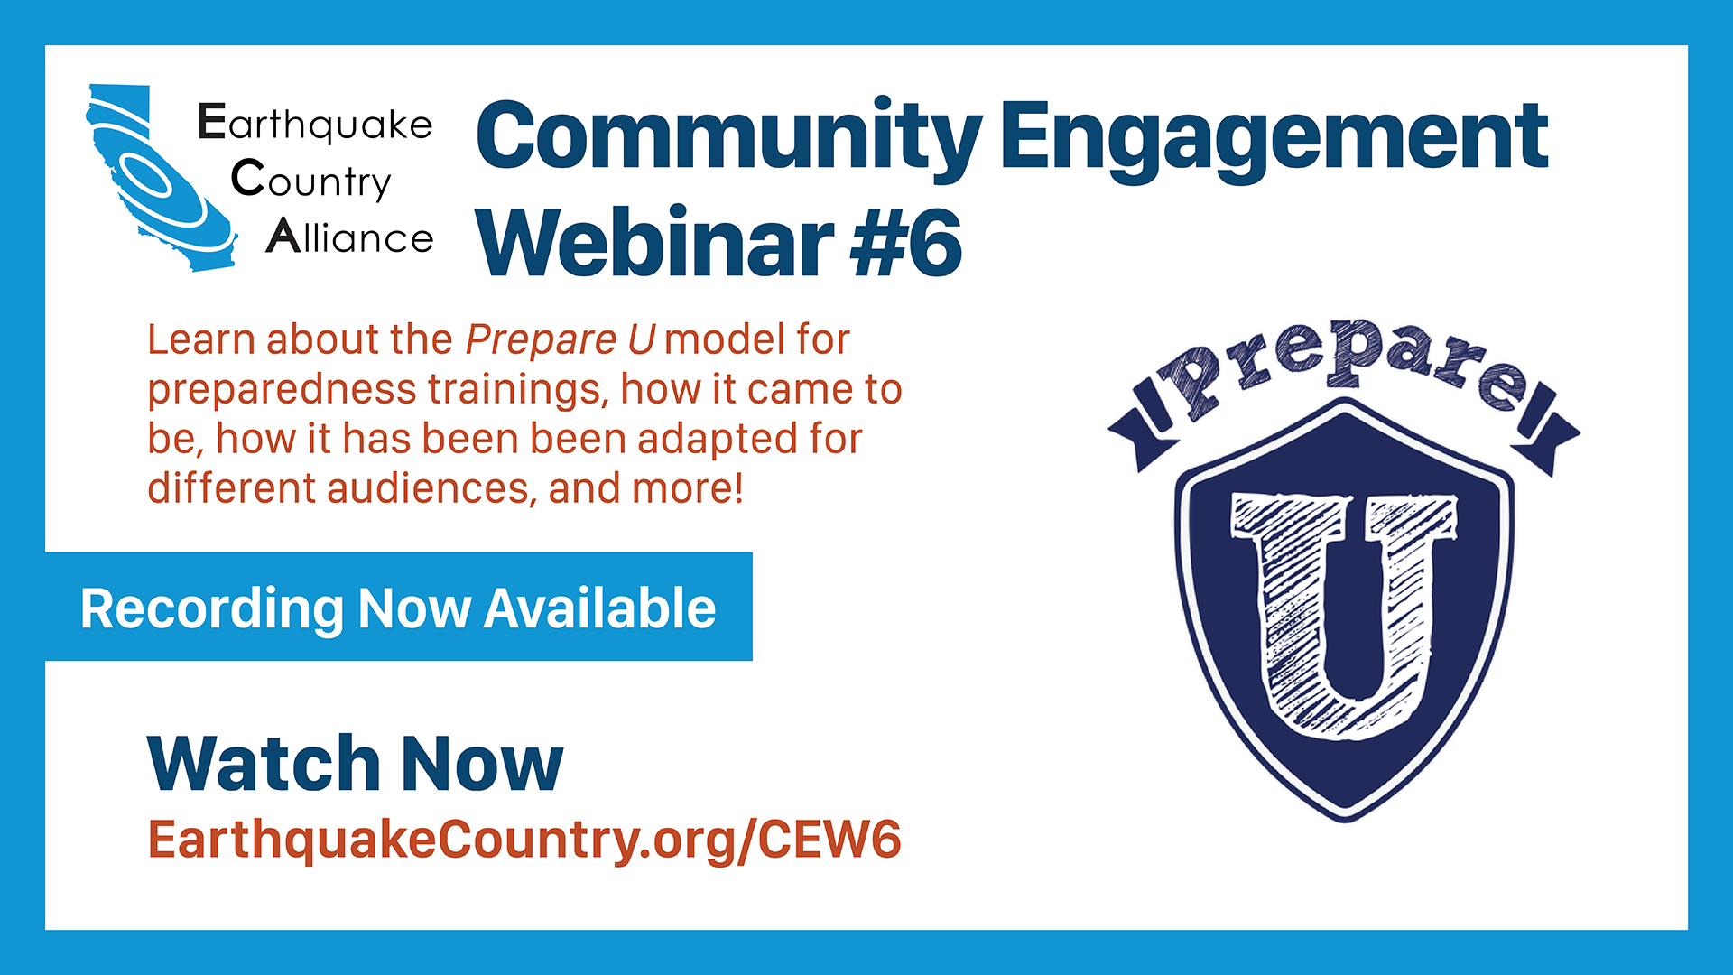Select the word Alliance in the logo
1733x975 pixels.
point(349,237)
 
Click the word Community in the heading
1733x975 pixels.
point(729,137)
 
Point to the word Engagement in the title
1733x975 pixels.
point(1274,137)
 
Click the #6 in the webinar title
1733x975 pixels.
point(906,242)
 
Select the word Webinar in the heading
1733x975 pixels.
point(655,242)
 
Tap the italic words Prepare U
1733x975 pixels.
point(561,340)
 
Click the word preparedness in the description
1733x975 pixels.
point(282,390)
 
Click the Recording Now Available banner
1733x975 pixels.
point(399,607)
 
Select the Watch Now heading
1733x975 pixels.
point(356,764)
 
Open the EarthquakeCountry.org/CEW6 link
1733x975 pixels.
point(524,840)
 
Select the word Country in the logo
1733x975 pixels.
point(311,180)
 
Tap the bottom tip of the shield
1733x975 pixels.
point(1345,822)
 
